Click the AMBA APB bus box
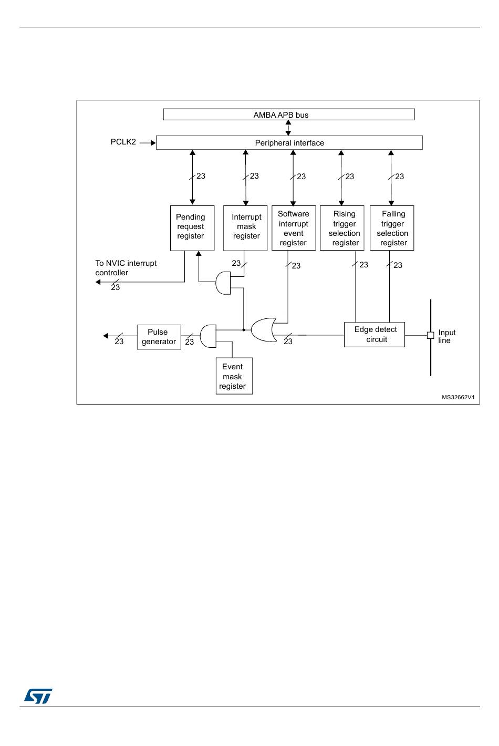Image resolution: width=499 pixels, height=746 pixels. coord(288,114)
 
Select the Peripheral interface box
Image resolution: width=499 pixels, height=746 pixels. coord(289,142)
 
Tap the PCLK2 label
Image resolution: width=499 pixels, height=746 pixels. coord(123,142)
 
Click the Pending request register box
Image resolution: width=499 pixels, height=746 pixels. coord(192,228)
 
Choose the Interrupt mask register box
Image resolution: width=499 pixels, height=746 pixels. coord(245,228)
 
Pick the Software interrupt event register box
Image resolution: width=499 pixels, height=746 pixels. coord(294,228)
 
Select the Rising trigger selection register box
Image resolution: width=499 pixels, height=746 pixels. coord(342,228)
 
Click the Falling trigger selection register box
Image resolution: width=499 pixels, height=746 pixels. coord(392,228)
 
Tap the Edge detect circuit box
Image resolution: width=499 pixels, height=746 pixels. coord(375,334)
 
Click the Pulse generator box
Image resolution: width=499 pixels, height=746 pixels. coord(159,337)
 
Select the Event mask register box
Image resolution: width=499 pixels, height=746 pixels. coord(234,376)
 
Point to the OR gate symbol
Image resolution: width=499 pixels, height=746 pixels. coord(264,330)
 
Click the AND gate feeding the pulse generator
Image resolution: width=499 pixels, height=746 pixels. coord(208,336)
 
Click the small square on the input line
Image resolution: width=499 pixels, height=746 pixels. coord(430,335)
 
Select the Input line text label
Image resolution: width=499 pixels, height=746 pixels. coord(446,336)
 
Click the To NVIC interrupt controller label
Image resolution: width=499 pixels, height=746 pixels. coord(126,268)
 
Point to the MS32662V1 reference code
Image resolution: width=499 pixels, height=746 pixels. coord(458,397)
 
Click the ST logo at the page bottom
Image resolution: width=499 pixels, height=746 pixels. coord(38,697)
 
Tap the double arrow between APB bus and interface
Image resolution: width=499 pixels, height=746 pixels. coord(288,128)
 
